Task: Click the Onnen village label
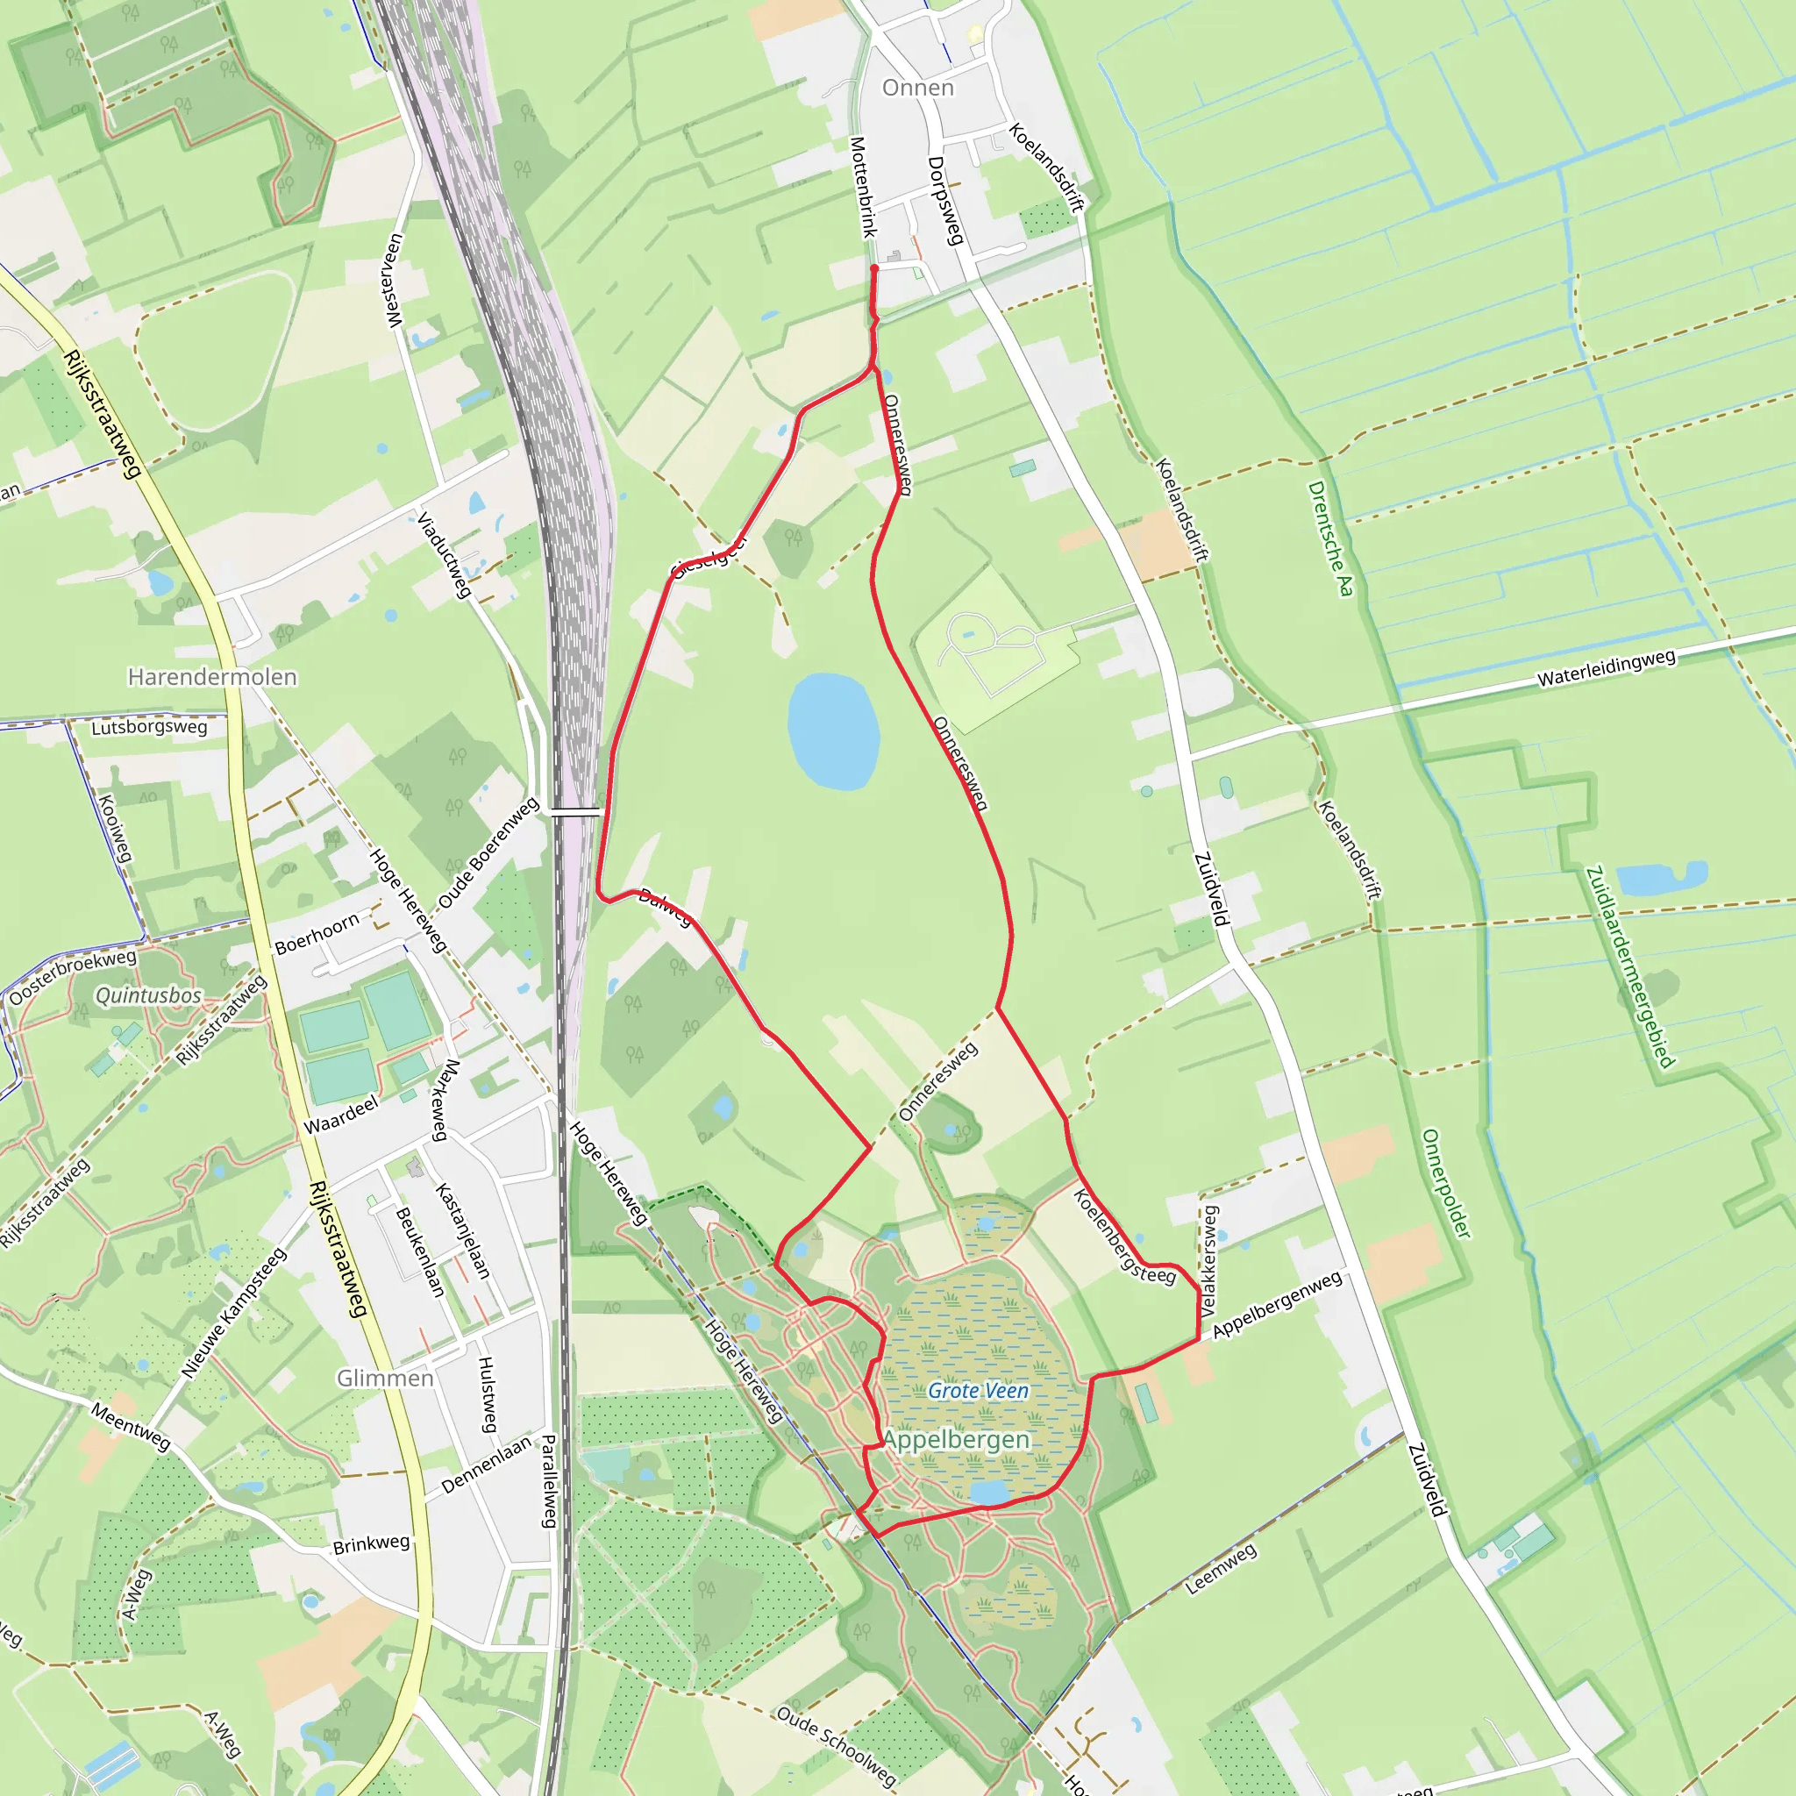pyautogui.click(x=917, y=88)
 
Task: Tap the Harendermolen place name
pyautogui.click(x=212, y=677)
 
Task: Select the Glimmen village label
pyautogui.click(x=385, y=1378)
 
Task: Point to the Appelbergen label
pyautogui.click(x=957, y=1440)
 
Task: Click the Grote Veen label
pyautogui.click(x=978, y=1391)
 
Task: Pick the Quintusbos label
pyautogui.click(x=149, y=995)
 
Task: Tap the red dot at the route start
pyautogui.click(x=873, y=268)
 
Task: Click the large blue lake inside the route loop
pyautogui.click(x=833, y=731)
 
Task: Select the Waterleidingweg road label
pyautogui.click(x=1606, y=668)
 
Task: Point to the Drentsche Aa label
pyautogui.click(x=1330, y=538)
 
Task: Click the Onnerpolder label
pyautogui.click(x=1447, y=1183)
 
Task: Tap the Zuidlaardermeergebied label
pyautogui.click(x=1629, y=966)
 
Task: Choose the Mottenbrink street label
pyautogui.click(x=863, y=187)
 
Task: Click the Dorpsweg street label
pyautogui.click(x=944, y=201)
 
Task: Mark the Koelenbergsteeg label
pyautogui.click(x=1124, y=1237)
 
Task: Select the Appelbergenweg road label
pyautogui.click(x=1276, y=1304)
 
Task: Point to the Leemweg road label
pyautogui.click(x=1221, y=1568)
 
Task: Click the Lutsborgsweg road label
pyautogui.click(x=149, y=727)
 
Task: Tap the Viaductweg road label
pyautogui.click(x=444, y=554)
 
